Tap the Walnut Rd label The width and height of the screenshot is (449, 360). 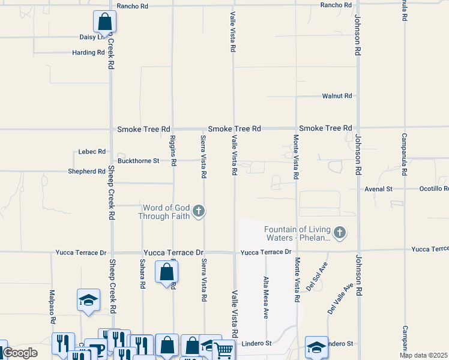pos(337,96)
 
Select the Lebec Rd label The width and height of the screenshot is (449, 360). pos(92,152)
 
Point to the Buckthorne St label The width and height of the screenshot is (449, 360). pos(138,161)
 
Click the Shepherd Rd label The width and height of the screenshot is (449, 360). pos(87,172)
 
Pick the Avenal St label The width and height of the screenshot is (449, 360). pos(378,189)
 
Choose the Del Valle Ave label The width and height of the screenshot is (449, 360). pos(339,299)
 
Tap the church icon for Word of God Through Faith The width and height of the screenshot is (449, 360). pos(199,211)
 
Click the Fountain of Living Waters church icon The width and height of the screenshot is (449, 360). pos(340,233)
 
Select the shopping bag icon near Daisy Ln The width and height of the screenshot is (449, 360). pos(104,22)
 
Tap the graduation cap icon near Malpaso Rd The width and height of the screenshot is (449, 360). pos(88,300)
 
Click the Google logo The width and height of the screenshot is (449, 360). pos(20,353)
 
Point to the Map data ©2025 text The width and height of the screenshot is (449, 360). pos(424,355)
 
